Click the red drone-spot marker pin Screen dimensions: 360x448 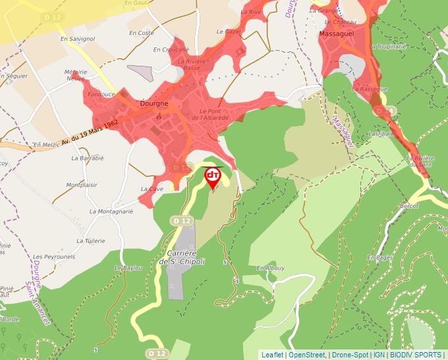click(x=213, y=176)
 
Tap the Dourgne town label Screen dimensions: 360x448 click(x=154, y=104)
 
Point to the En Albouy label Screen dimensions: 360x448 click(x=270, y=268)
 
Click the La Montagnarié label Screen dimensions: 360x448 click(x=111, y=212)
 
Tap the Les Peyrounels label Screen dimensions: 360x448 click(x=54, y=256)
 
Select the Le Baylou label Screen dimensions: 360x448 click(x=128, y=268)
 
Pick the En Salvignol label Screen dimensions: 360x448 click(x=78, y=39)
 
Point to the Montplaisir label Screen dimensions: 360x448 click(x=82, y=186)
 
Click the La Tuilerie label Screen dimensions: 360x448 click(x=90, y=241)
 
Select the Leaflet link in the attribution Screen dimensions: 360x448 click(x=272, y=355)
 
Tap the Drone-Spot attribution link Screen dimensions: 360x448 click(x=350, y=355)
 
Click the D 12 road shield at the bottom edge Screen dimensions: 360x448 click(x=156, y=353)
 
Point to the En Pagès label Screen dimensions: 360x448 click(x=380, y=257)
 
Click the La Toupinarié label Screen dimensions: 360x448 click(x=389, y=47)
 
